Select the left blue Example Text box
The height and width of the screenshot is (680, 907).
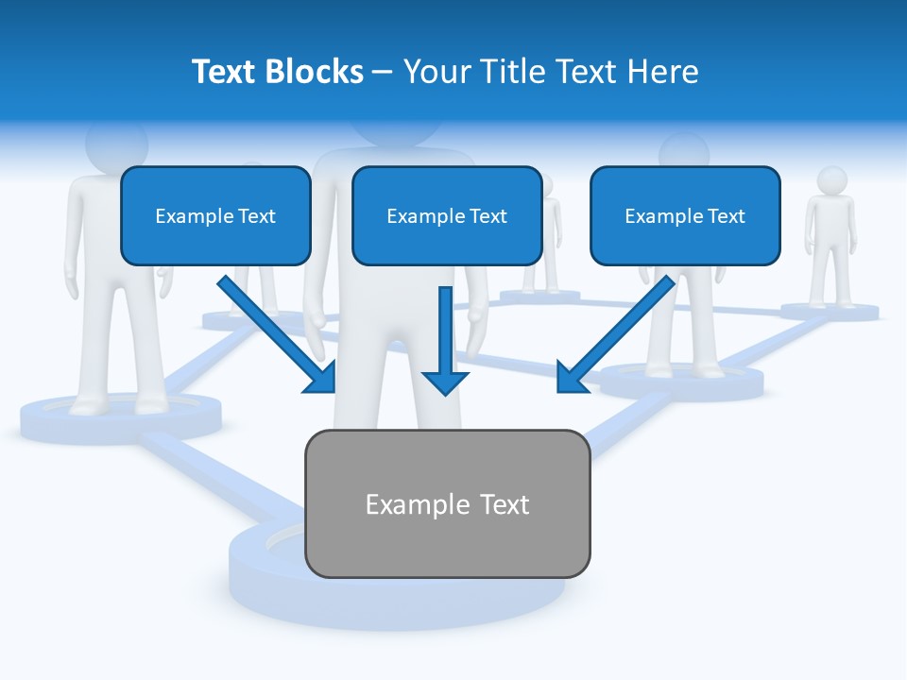pyautogui.click(x=215, y=216)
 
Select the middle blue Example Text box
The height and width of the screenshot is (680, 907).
pyautogui.click(x=447, y=216)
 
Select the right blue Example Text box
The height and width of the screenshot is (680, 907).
pyautogui.click(x=685, y=216)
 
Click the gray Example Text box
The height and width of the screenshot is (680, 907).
pyautogui.click(x=447, y=503)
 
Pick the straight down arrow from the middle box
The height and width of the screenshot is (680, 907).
pyautogui.click(x=445, y=340)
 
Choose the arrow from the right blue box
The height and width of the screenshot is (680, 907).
pyautogui.click(x=614, y=335)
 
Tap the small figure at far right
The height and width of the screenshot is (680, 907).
pyautogui.click(x=830, y=236)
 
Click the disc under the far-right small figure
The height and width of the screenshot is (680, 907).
pyautogui.click(x=830, y=311)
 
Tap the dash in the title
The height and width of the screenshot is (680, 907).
pyautogui.click(x=383, y=73)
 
